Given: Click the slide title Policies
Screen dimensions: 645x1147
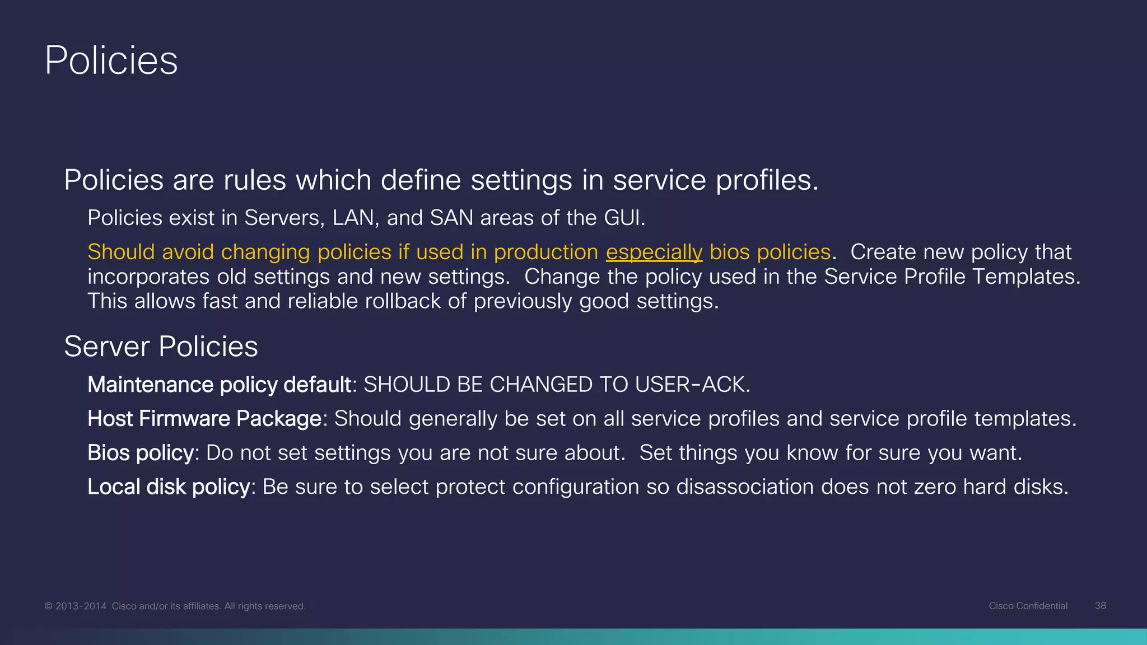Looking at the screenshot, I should point(111,60).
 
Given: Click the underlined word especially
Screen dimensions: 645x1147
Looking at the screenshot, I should point(654,253).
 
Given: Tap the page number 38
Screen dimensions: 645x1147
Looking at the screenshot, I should point(1100,606).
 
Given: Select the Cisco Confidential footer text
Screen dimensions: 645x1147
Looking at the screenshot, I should point(1028,606).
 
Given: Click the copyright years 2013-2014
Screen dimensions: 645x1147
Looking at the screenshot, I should point(81,606).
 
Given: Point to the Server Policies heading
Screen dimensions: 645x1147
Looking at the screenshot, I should point(161,347).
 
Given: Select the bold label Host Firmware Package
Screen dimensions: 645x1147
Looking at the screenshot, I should point(204,419).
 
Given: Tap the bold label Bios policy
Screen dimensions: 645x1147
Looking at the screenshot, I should point(141,453).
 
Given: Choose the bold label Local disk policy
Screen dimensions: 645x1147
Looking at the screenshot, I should point(169,487).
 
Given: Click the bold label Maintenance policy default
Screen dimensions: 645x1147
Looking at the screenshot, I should point(219,385).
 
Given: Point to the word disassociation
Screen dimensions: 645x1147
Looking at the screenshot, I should point(745,487).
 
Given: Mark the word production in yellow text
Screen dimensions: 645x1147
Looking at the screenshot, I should point(545,253).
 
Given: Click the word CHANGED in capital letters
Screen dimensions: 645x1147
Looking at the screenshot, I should point(540,385).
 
